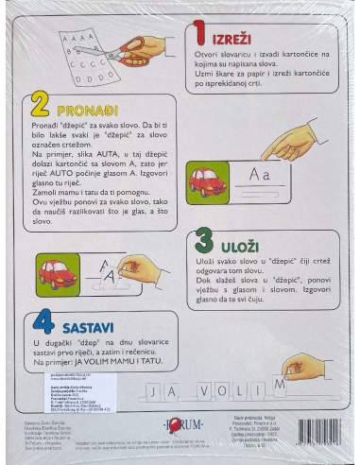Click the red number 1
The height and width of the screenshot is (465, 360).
click(199, 37)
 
